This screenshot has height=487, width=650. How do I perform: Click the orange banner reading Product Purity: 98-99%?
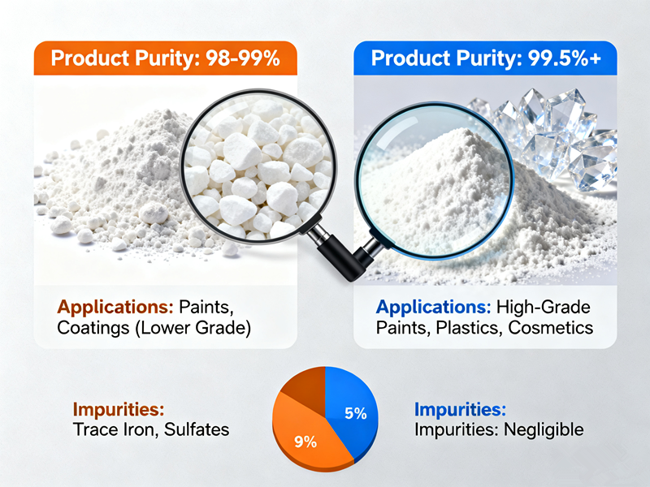pyautogui.click(x=166, y=58)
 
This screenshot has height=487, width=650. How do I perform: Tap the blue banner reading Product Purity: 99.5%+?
pyautogui.click(x=485, y=58)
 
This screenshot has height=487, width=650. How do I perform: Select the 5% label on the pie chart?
pyautogui.click(x=356, y=413)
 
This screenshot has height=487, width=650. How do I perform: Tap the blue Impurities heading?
pyautogui.click(x=460, y=409)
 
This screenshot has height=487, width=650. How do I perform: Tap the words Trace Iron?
pyautogui.click(x=105, y=429)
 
